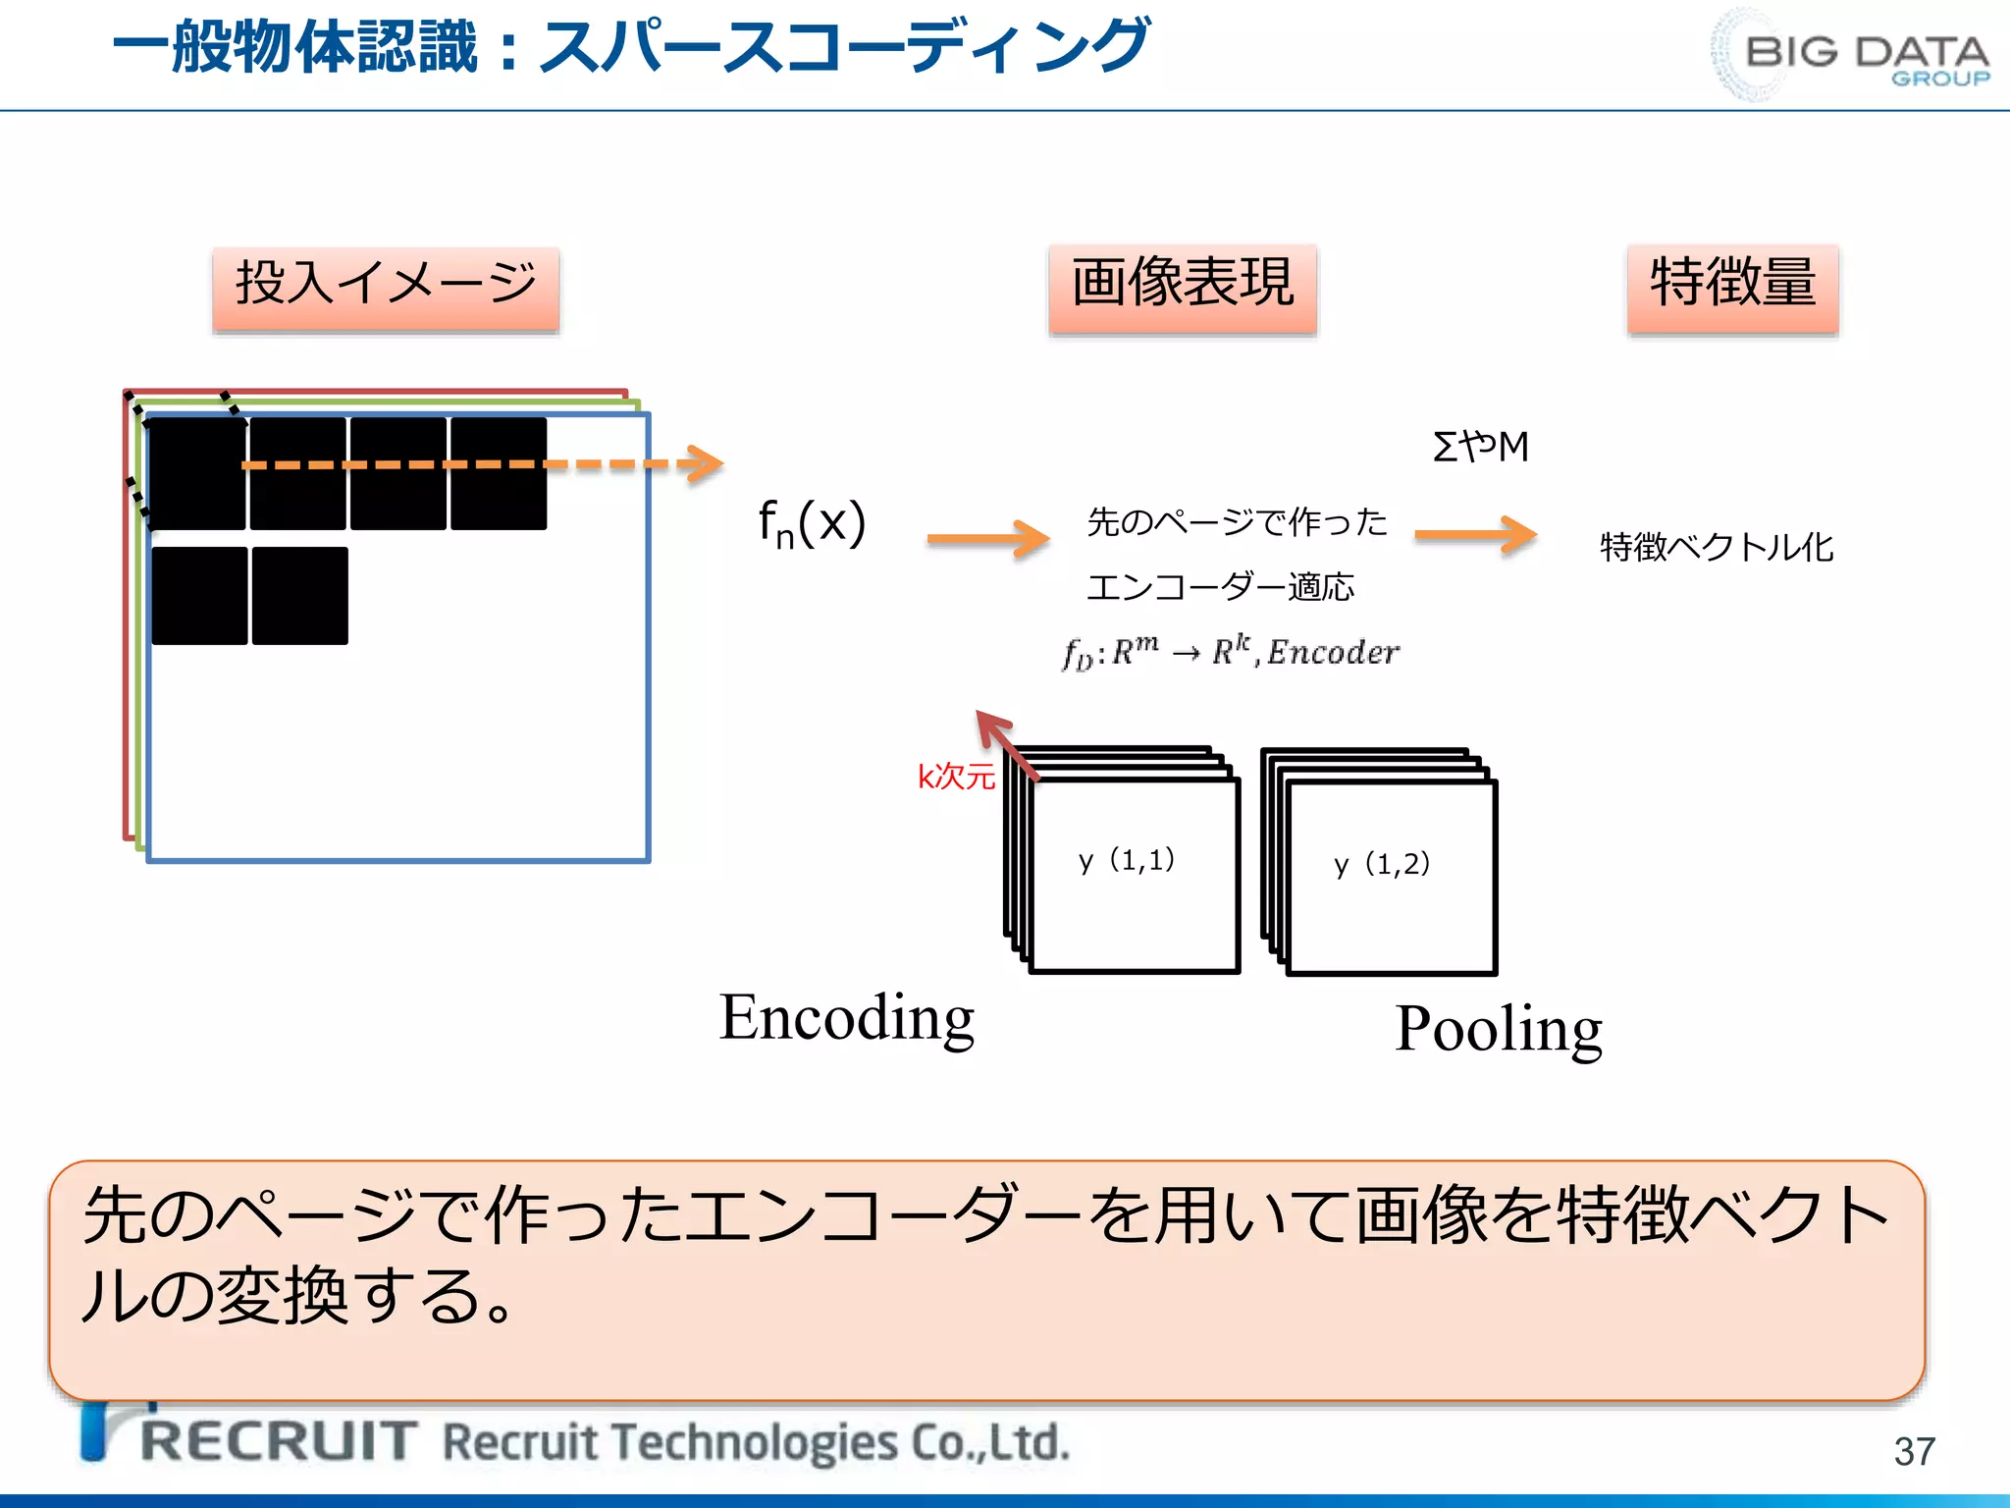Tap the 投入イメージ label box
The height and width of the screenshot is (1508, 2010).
[386, 290]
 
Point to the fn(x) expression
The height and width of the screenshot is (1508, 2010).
[812, 523]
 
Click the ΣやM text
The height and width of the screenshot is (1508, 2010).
[1480, 448]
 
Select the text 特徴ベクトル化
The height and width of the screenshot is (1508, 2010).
[1717, 547]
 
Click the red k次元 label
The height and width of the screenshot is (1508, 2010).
[955, 777]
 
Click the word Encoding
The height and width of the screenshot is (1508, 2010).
[846, 1018]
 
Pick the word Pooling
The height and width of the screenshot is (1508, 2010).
[1498, 1029]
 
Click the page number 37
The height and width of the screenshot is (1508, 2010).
[1914, 1451]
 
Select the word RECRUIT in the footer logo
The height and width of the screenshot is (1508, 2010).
[280, 1441]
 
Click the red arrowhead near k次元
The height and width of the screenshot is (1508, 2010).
[991, 725]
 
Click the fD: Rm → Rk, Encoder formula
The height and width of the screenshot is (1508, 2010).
[1231, 652]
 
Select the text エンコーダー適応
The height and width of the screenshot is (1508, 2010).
[1220, 588]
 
